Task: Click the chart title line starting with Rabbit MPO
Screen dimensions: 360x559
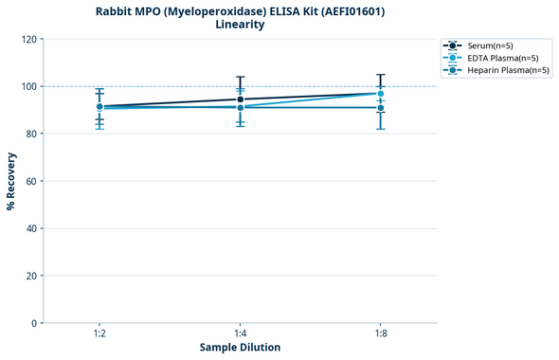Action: [x=240, y=11]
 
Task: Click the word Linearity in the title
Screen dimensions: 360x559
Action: [x=240, y=25]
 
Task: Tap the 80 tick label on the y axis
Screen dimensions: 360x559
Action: [x=28, y=134]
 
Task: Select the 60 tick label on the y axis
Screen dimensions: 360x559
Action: [x=28, y=181]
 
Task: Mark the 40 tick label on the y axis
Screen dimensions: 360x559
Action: [x=28, y=228]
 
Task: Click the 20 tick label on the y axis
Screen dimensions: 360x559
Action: [x=28, y=276]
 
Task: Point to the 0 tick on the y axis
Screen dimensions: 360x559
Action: [x=32, y=323]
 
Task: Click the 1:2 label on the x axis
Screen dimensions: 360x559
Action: [x=99, y=333]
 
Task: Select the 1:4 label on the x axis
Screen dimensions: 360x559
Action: [x=240, y=333]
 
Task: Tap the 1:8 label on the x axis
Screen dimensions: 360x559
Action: [x=381, y=333]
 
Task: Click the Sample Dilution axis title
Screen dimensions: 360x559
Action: [x=240, y=348]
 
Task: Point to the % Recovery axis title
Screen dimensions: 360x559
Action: [x=11, y=181]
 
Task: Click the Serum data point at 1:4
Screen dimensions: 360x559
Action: [x=241, y=99]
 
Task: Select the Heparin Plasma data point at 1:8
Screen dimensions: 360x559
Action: [x=381, y=108]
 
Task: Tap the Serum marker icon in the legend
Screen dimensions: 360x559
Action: [x=454, y=45]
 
